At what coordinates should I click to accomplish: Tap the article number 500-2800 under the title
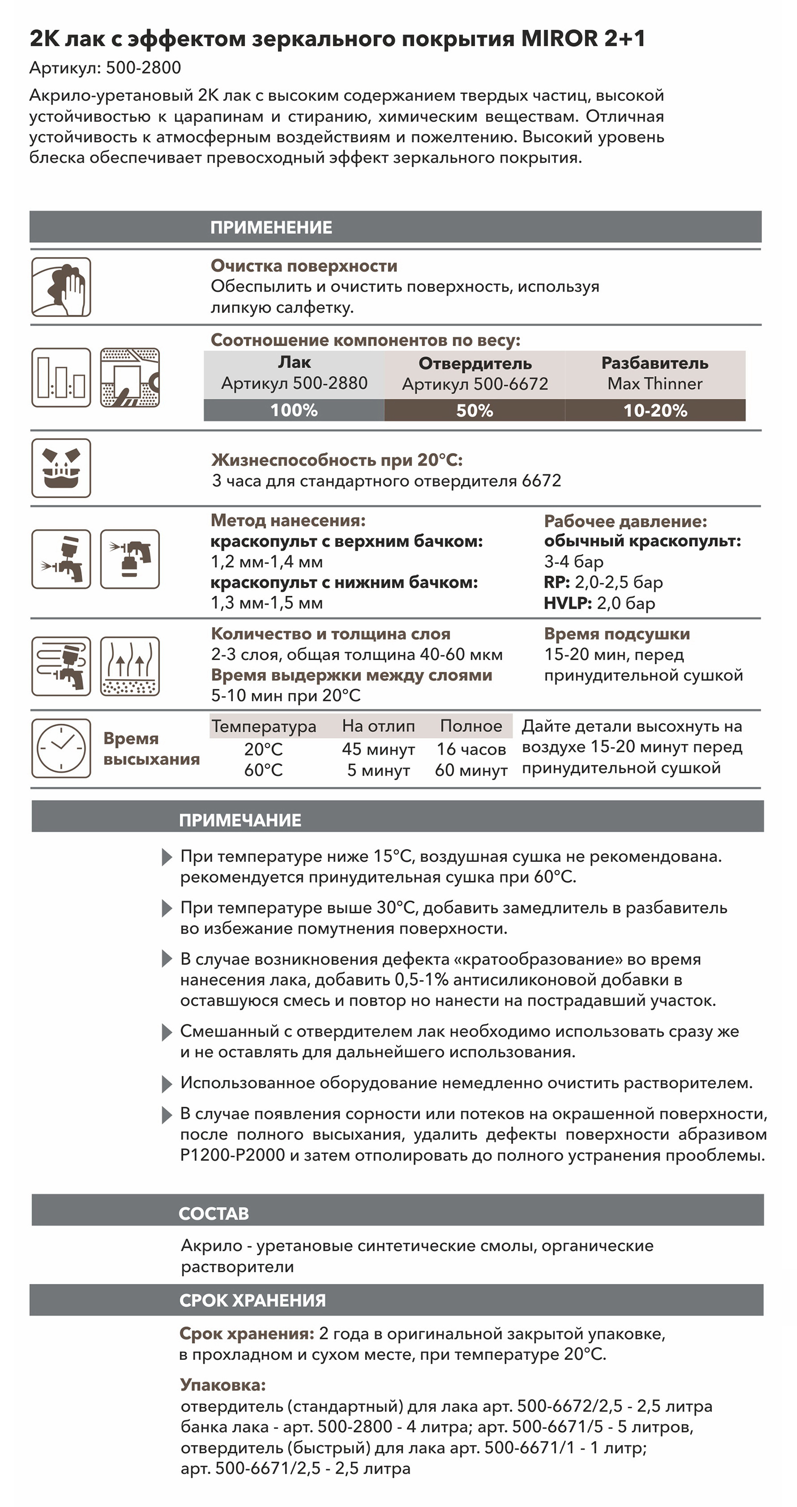143,68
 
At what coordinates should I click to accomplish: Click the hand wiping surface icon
61,287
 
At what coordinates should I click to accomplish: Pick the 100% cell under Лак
294,410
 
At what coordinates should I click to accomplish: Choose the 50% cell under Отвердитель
474,410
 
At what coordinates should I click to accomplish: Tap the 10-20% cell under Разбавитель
655,410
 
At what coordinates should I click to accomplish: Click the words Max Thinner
655,384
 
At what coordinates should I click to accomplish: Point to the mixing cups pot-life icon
61,468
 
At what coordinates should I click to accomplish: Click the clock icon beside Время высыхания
61,748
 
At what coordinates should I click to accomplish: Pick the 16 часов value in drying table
471,749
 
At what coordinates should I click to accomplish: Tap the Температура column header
264,726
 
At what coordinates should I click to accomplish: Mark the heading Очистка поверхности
304,266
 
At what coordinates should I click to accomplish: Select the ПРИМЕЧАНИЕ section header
240,820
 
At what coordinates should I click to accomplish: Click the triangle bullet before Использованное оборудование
167,1084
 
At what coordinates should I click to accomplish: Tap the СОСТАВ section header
214,1214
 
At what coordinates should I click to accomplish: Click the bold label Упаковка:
223,1385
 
